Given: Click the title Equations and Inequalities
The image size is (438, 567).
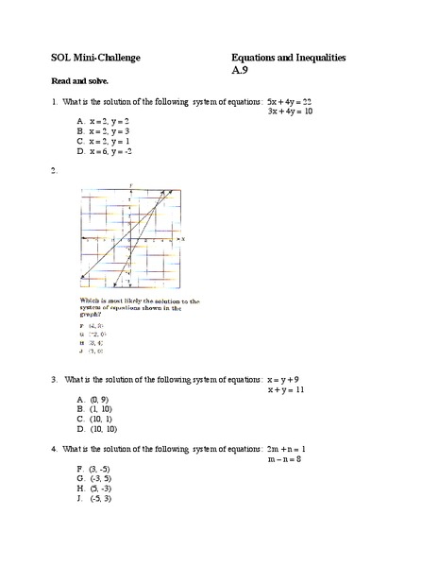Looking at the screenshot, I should (x=288, y=59).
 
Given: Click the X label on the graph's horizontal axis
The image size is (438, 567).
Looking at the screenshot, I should (x=182, y=239).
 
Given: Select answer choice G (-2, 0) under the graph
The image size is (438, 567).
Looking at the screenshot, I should (x=95, y=335).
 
